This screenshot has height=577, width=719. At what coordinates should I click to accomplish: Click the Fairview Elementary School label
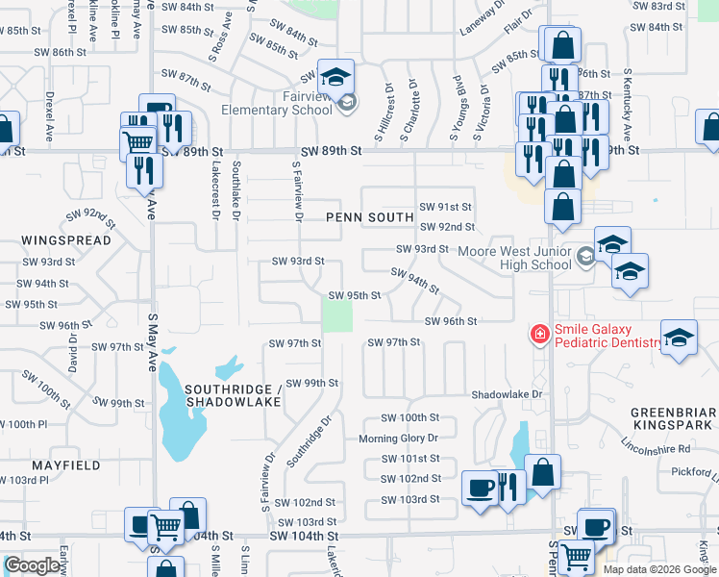pos(278,103)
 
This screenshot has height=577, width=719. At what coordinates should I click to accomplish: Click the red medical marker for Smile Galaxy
pos(540,334)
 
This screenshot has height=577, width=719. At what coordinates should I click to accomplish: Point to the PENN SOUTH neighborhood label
pos(370,217)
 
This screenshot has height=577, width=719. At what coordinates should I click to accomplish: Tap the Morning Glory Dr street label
pos(398,439)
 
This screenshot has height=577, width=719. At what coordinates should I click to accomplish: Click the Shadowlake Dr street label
pos(508,394)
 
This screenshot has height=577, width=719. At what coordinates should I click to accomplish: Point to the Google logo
pos(33,565)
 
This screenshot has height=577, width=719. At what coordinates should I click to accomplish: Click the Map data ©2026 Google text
pos(660,569)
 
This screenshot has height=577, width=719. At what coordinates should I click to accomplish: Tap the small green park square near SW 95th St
pos(335,315)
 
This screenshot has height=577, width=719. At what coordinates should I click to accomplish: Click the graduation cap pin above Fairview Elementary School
pos(335,77)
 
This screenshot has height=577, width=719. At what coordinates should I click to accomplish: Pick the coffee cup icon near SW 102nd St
pos(480,488)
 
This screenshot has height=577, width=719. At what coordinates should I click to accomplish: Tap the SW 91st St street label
pos(446,207)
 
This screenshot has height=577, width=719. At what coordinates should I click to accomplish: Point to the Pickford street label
pos(692,472)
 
